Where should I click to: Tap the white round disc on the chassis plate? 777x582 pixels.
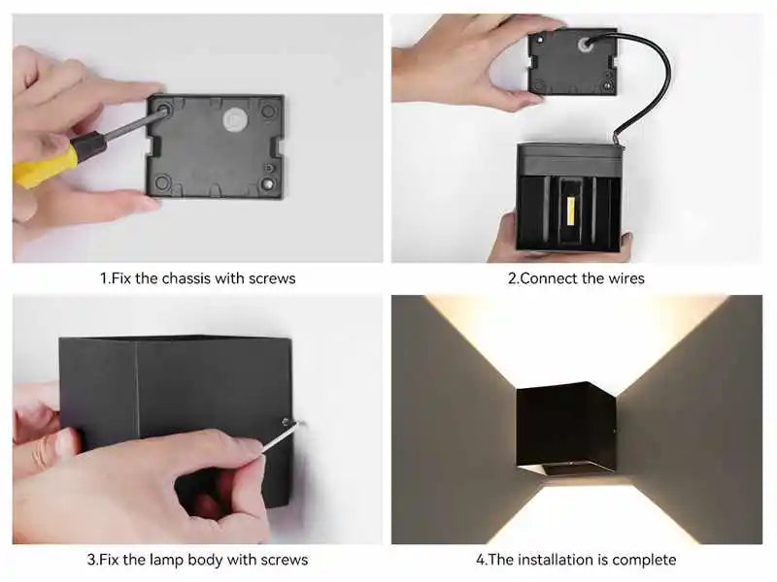coord(234,119)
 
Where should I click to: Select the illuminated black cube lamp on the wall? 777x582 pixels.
coord(565,430)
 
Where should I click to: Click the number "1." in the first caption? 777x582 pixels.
coord(105,278)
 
